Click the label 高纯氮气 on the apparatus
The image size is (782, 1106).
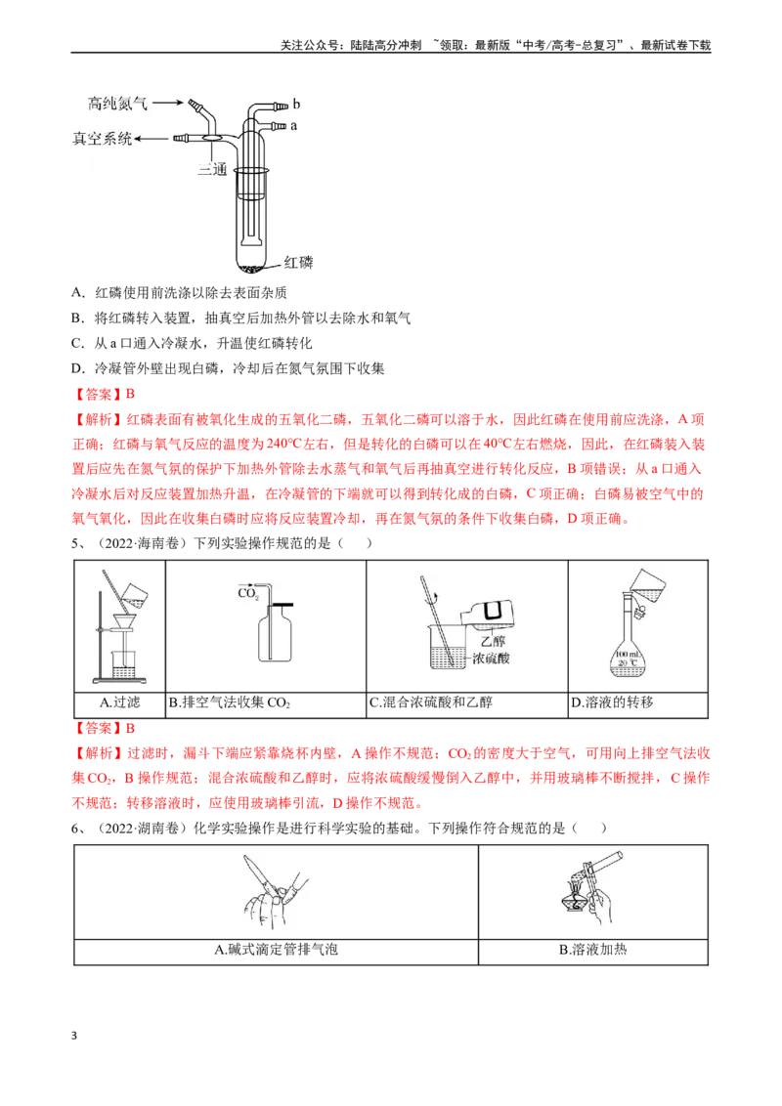[x=117, y=104]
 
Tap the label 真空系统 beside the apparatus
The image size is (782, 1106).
[x=103, y=139]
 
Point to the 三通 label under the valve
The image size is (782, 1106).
[x=212, y=169]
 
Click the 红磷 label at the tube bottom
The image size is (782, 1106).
[x=298, y=263]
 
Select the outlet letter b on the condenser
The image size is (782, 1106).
[x=296, y=104]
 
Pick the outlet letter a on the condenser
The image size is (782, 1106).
[x=293, y=126]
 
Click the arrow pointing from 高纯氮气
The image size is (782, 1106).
[x=168, y=103]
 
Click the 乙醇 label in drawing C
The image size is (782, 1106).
[x=494, y=641]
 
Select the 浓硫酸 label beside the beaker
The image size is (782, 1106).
[x=492, y=659]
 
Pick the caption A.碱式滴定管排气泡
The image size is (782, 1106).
[x=276, y=950]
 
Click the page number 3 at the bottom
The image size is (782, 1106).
[x=74, y=1036]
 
